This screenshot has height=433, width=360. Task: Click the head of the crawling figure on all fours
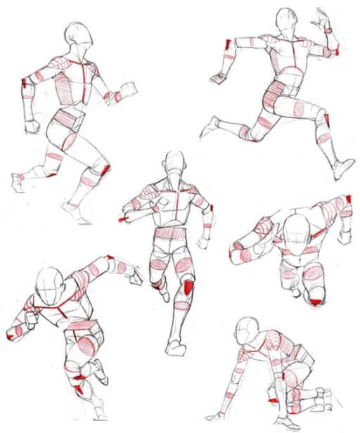(247, 328)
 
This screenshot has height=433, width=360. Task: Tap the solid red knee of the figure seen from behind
(188, 287)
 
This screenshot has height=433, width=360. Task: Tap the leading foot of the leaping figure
(343, 169)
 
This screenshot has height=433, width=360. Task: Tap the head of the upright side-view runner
(78, 34)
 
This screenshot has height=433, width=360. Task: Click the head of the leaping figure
(285, 19)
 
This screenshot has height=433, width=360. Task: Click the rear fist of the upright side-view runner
(32, 127)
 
